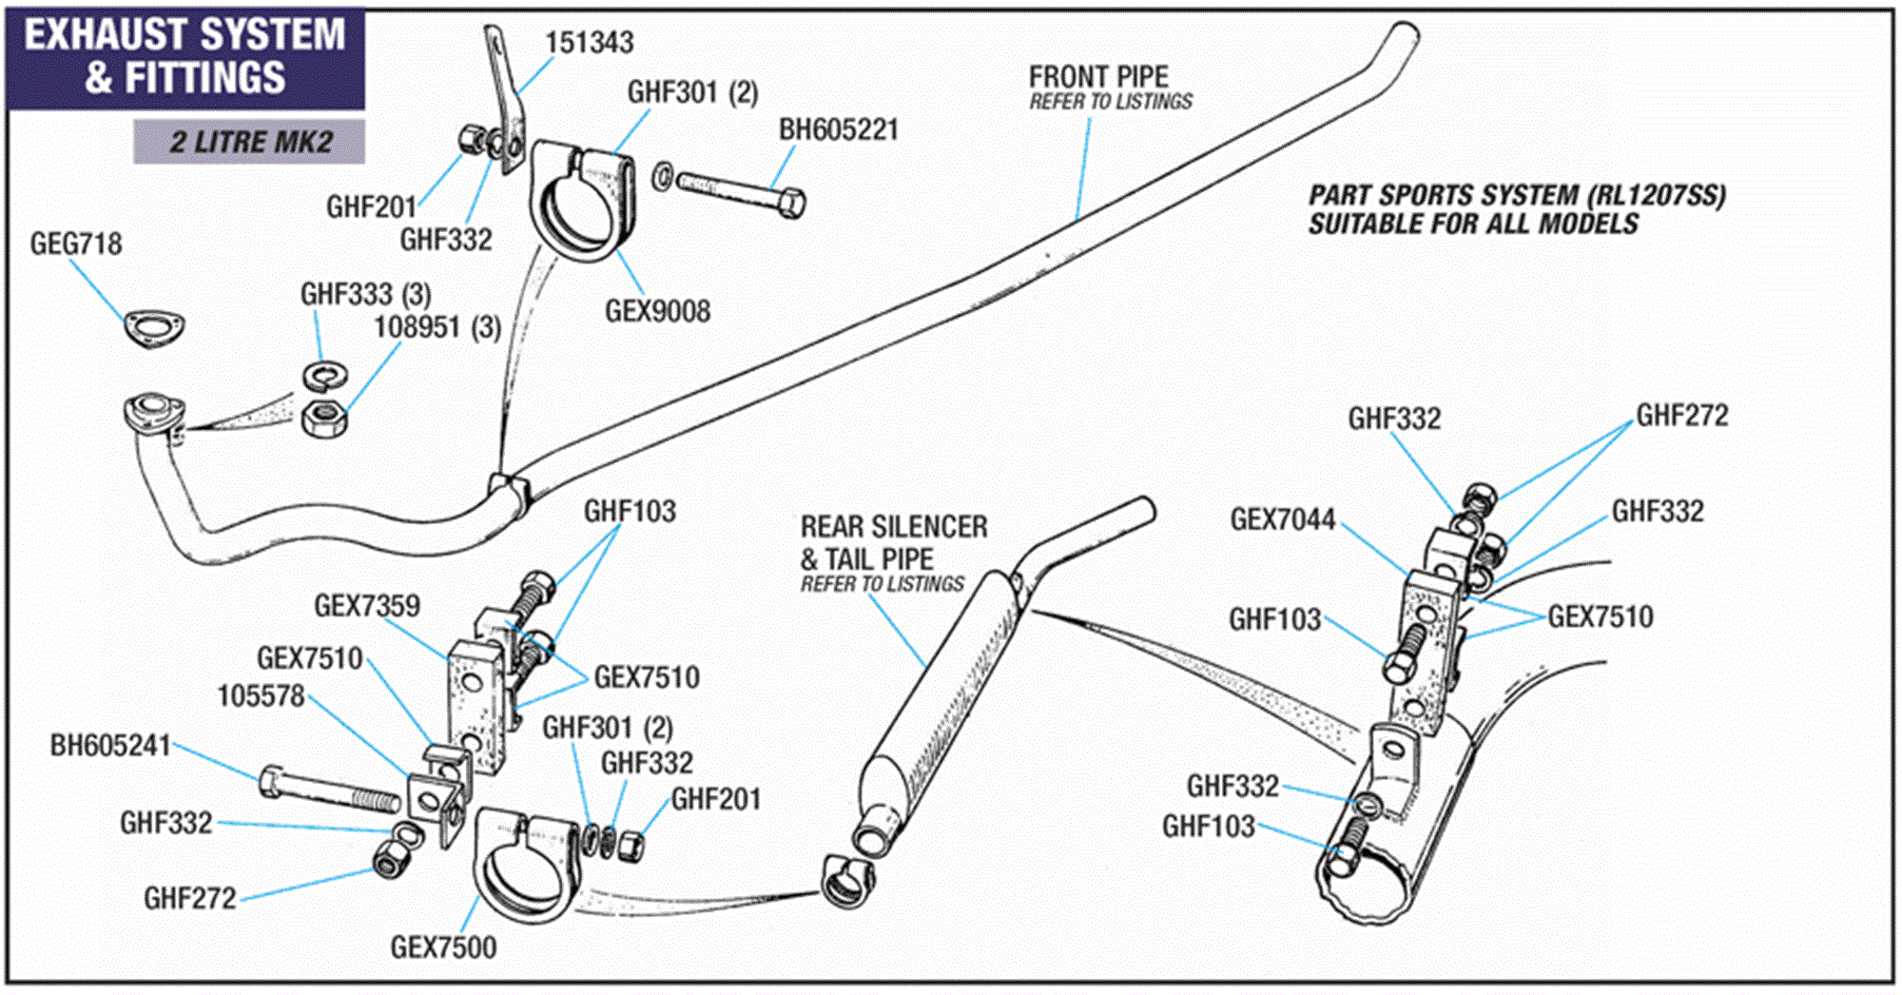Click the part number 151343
click(589, 43)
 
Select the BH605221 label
click(839, 130)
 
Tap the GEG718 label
click(76, 244)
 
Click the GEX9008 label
click(657, 312)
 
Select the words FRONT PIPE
click(1098, 77)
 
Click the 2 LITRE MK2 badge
click(250, 143)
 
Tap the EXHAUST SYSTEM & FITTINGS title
click(185, 56)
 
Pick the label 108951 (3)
click(437, 328)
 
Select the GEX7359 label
click(366, 606)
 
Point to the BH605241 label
click(110, 746)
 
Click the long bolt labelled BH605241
click(328, 790)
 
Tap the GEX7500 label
click(443, 947)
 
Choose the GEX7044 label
click(1282, 520)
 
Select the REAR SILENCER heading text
click(894, 527)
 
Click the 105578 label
click(261, 696)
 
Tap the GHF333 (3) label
click(365, 295)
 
